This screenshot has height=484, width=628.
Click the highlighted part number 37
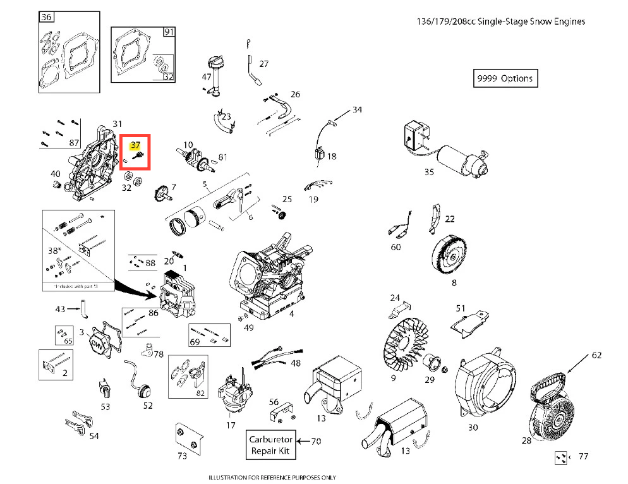tap(135, 145)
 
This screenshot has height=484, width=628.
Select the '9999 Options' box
tap(505, 78)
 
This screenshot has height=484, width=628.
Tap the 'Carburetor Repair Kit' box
tap(270, 445)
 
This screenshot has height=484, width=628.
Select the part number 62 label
tap(596, 356)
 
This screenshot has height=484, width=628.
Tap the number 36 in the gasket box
tap(46, 18)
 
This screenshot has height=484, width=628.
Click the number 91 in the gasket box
tap(169, 32)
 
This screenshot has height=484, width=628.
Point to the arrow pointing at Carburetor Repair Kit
tap(304, 440)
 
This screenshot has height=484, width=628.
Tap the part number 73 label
tap(182, 455)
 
